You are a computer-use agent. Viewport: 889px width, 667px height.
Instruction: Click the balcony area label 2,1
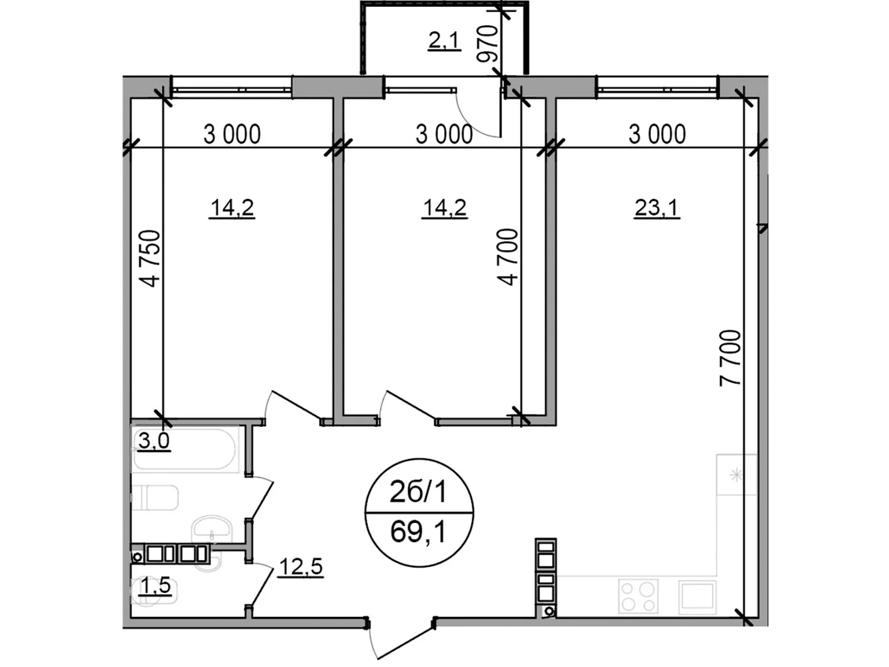tap(444, 42)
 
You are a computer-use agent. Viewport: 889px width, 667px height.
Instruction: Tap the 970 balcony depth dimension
tap(487, 44)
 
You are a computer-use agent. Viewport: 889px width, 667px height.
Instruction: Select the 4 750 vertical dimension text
tap(150, 259)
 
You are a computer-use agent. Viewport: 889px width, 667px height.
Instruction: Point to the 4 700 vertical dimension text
tap(508, 257)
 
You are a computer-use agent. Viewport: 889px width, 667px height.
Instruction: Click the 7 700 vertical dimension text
tap(730, 358)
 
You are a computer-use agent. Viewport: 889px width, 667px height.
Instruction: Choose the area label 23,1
tap(657, 210)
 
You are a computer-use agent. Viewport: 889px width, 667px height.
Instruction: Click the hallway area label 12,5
tap(301, 566)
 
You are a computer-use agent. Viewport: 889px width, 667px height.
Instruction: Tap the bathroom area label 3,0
tap(154, 441)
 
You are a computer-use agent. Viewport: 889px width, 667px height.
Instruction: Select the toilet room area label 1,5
tap(154, 586)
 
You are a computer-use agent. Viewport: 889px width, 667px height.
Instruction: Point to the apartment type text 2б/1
tap(418, 492)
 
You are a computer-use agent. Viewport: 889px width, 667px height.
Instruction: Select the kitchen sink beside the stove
tap(697, 595)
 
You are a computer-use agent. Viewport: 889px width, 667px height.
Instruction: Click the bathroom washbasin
tap(212, 530)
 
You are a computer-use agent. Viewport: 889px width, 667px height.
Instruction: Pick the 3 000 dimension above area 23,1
tap(657, 135)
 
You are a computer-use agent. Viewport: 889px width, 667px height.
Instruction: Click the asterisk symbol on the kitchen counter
tap(736, 475)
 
